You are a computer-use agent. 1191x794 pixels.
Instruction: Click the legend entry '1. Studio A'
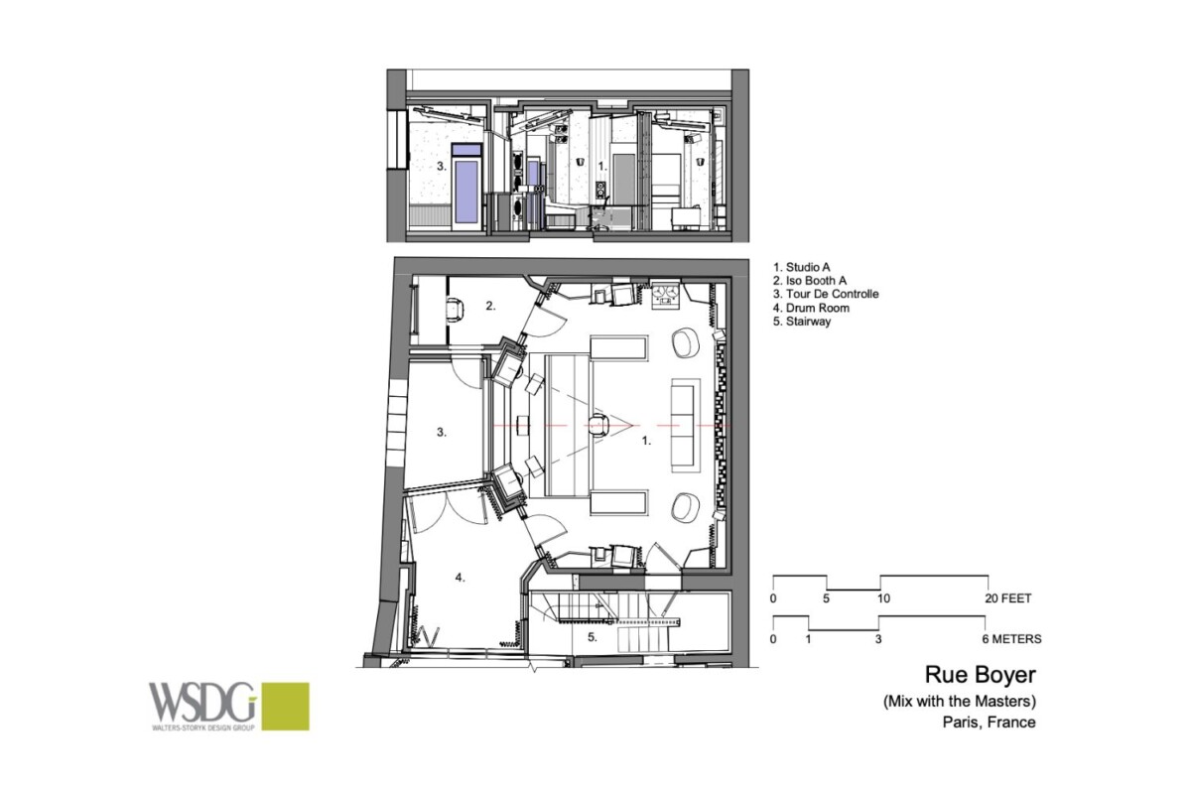coord(801,267)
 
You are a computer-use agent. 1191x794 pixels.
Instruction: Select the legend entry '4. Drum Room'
coord(811,308)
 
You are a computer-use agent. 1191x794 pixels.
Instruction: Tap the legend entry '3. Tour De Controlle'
coord(826,294)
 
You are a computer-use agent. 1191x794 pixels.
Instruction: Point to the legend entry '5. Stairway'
coord(802,322)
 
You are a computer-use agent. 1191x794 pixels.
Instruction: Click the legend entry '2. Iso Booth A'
coord(810,280)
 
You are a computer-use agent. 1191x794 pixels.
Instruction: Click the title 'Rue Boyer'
coord(981,674)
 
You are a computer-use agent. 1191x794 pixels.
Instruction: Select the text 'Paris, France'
coord(989,723)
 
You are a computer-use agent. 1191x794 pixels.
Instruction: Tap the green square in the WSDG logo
coord(286,707)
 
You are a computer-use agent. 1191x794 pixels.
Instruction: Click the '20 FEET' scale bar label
coord(1008,598)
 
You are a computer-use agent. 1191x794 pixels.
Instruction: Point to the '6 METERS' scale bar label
coord(1011,639)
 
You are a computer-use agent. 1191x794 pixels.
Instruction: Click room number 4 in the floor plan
coord(460,578)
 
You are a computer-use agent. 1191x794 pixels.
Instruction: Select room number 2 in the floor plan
coord(490,306)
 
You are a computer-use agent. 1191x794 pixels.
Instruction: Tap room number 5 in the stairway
coord(593,637)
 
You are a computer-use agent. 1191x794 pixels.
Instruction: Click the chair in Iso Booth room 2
coord(456,310)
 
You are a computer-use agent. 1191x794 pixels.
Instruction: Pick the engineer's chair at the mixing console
coord(598,426)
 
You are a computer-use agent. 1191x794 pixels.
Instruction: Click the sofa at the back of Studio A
coord(685,426)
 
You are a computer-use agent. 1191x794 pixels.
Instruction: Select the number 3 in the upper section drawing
coord(442,167)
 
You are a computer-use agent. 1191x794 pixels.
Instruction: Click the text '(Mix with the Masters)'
coord(960,702)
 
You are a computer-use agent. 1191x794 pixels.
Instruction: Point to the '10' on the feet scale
coord(883,598)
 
